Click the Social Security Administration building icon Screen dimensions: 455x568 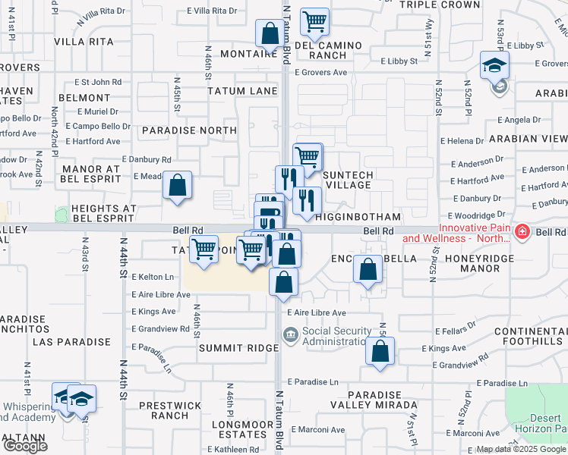point(290,334)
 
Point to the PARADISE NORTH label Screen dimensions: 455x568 point(188,130)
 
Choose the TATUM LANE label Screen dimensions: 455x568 point(242,91)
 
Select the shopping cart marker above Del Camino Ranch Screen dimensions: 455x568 point(314,23)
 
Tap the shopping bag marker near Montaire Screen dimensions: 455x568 point(269,33)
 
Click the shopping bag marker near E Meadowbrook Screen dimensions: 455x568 point(177,185)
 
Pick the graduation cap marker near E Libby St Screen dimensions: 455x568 point(494,65)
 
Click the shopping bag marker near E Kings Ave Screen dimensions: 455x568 point(380,352)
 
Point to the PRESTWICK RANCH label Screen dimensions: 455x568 point(164,410)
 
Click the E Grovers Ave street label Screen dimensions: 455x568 point(322,73)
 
